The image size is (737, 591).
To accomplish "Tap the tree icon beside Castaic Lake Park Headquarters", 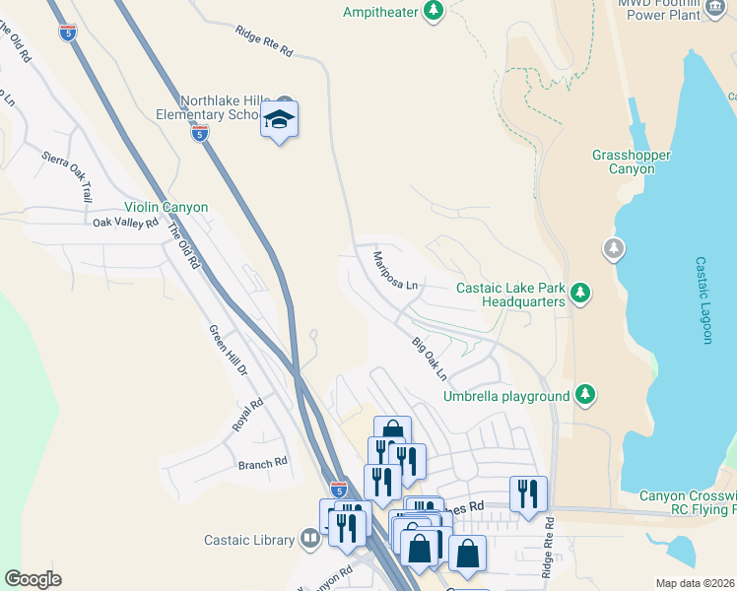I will tap(581, 292).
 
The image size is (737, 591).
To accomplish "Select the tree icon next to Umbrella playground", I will tap(585, 395).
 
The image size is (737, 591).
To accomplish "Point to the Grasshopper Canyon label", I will tap(632, 163).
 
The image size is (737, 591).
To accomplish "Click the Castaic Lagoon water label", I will tap(703, 300).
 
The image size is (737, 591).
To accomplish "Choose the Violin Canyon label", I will tap(166, 208).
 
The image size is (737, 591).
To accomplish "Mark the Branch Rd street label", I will tap(262, 461).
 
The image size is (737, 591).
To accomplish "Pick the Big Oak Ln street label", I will tap(430, 360).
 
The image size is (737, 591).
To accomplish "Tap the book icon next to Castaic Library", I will tap(310, 538).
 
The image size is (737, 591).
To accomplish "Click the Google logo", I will tap(33, 579).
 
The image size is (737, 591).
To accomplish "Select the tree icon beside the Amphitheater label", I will tap(433, 12).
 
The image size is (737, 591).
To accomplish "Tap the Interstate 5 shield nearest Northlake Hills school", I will tap(200, 134).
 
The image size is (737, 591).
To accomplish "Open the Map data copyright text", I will tap(695, 583).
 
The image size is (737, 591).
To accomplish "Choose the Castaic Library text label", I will tap(249, 540).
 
